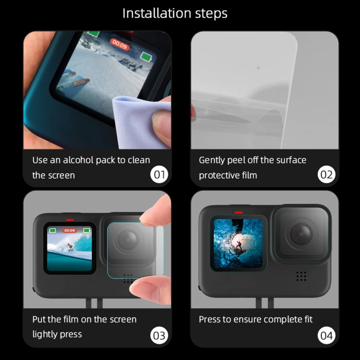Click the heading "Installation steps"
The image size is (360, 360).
click(175, 13)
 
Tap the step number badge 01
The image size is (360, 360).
click(159, 175)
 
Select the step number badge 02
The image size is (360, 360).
click(326, 175)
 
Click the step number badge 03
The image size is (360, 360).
click(159, 335)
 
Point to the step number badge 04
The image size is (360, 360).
click(326, 335)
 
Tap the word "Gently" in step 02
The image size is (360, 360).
click(212, 161)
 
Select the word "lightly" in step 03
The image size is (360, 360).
click(44, 334)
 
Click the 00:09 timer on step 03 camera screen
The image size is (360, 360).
click(70, 230)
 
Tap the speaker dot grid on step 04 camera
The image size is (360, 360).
click(301, 276)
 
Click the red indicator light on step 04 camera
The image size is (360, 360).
click(238, 212)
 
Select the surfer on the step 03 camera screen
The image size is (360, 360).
click(69, 247)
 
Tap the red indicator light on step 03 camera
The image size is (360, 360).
click(70, 220)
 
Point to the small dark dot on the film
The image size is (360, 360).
click(258, 68)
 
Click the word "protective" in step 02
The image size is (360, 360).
click(216, 175)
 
